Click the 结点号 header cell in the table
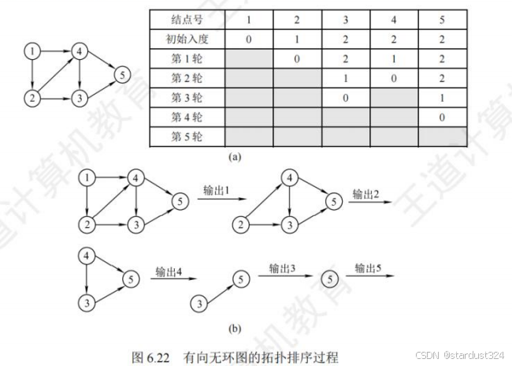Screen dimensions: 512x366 coord(187,18)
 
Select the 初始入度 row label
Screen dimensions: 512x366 coord(187,38)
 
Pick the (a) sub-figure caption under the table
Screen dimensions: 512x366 coord(235,158)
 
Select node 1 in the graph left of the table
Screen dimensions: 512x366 coord(32,53)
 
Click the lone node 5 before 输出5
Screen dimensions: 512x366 coord(331,278)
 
